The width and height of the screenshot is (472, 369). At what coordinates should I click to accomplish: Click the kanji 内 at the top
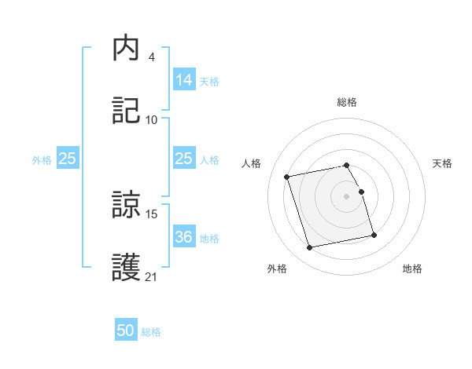pos(126,49)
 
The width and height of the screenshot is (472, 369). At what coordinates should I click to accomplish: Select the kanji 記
pos(126,111)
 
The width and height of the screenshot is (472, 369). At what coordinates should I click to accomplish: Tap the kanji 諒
pos(126,206)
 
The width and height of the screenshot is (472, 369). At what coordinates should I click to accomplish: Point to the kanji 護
pos(126,268)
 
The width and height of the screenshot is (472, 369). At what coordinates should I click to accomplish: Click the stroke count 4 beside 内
pos(151,57)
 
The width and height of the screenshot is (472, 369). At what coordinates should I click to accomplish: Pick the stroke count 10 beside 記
pos(152,119)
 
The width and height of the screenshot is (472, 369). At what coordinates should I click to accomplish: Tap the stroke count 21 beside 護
pos(152,276)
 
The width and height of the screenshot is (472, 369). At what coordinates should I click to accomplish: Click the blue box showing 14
pos(183,79)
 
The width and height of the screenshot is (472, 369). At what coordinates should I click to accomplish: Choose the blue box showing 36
pos(183,236)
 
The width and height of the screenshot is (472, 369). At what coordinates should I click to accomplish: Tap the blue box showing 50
pos(126,331)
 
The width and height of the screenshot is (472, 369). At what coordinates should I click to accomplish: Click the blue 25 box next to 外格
pos(68,159)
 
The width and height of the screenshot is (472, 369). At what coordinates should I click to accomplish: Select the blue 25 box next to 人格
pos(183,159)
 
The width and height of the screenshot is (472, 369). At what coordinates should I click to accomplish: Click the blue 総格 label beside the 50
pos(151,332)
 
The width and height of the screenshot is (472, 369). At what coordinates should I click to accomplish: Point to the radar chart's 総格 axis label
pos(347,102)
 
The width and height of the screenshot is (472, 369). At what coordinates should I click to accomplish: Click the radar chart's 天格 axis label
pos(442,163)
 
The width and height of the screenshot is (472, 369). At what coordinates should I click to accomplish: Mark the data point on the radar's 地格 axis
pos(374,235)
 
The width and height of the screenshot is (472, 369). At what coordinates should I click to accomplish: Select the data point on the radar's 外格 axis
pos(310,247)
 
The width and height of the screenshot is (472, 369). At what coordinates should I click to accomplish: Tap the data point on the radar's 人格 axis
pos(287,176)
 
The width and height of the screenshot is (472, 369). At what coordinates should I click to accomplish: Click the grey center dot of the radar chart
pos(347,195)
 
